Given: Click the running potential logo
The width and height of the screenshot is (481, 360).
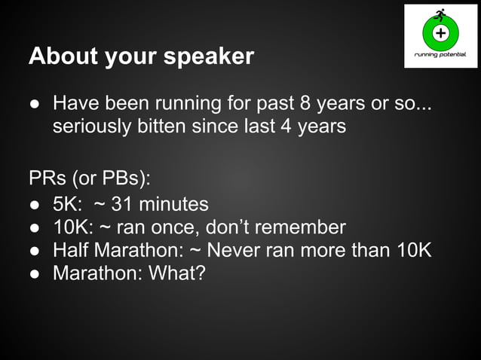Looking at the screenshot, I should [440, 35].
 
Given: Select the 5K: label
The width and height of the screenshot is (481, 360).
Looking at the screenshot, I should [69, 204].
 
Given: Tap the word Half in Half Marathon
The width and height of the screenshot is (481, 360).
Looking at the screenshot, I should [69, 249].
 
